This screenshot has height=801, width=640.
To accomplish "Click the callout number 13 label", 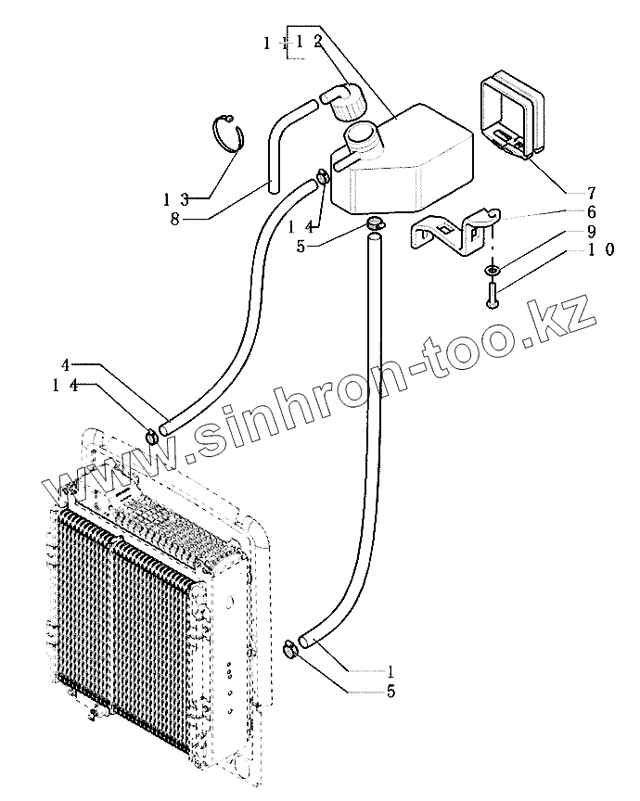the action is tap(175, 199).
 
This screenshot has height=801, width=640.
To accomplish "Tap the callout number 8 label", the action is tap(175, 219).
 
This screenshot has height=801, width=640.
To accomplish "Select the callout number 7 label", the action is tap(590, 193).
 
